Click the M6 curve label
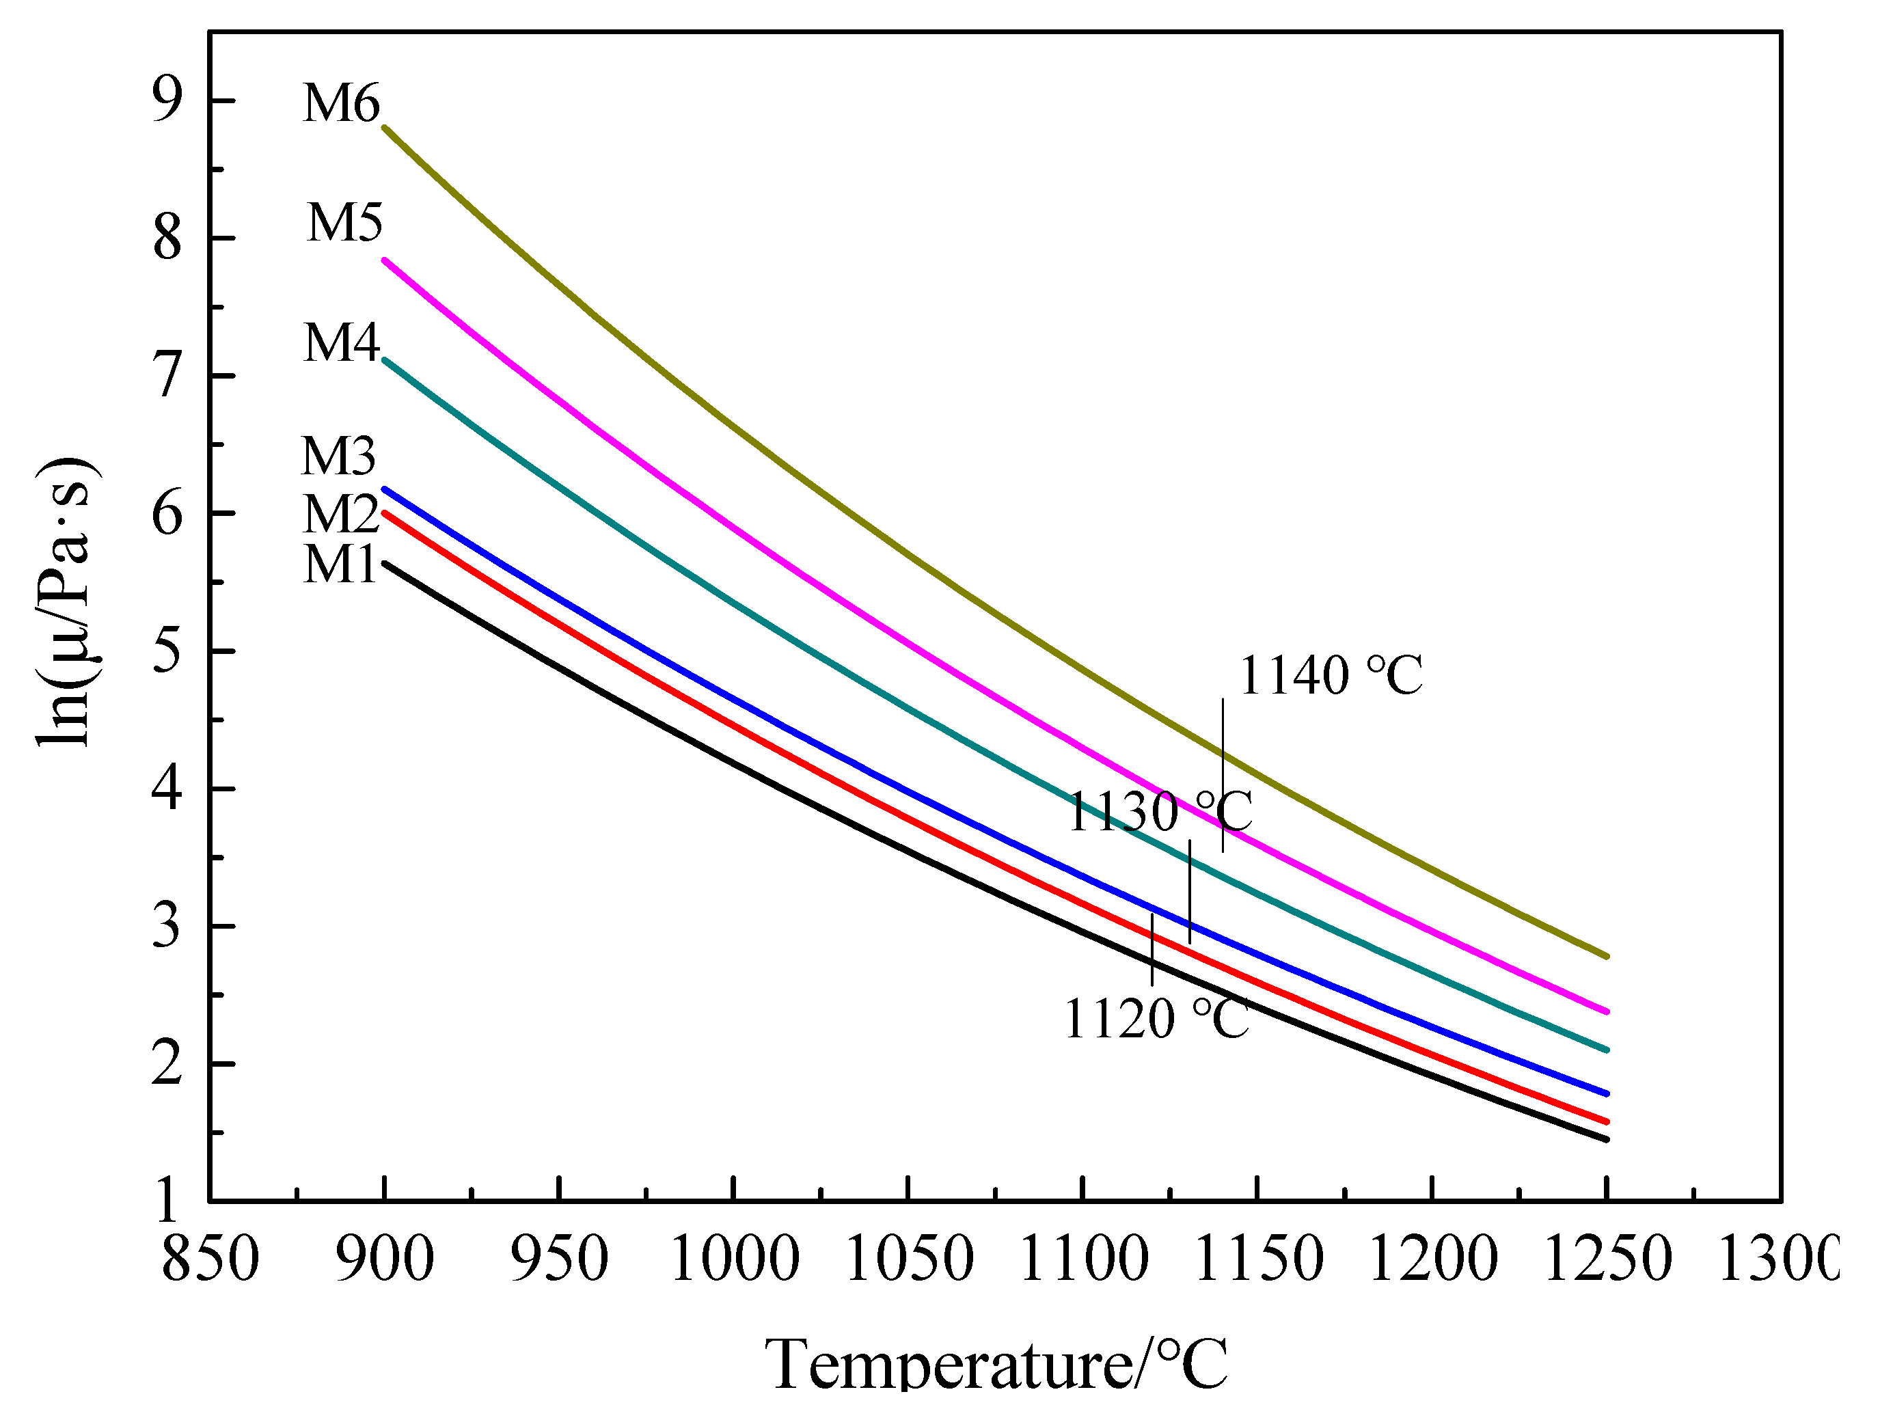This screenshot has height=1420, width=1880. point(341,104)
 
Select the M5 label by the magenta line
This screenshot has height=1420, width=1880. point(344,223)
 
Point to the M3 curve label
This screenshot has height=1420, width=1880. point(338,456)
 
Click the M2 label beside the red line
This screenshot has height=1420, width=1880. point(341,514)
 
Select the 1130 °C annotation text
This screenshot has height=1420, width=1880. point(1159,812)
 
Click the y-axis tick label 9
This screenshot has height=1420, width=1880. point(167,100)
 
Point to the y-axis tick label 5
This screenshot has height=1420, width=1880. point(167,652)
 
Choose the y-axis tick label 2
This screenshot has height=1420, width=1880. point(167,1064)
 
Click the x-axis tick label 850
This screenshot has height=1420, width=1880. point(210,1259)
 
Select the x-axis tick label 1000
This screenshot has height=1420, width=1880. point(735,1259)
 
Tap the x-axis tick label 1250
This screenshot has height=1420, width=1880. point(1607,1259)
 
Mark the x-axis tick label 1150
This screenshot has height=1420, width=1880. point(1258,1259)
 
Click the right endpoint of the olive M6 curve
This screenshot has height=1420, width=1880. point(1605,956)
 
